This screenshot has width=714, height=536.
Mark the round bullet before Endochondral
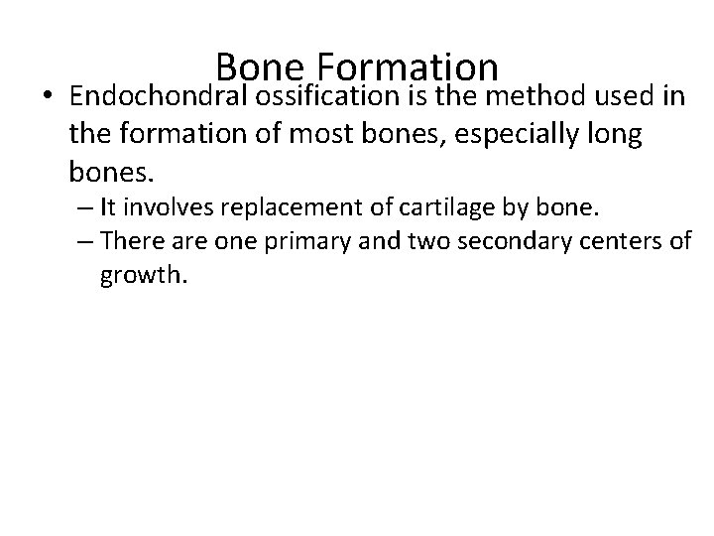coord(48,99)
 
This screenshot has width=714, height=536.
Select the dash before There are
coord(80,241)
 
